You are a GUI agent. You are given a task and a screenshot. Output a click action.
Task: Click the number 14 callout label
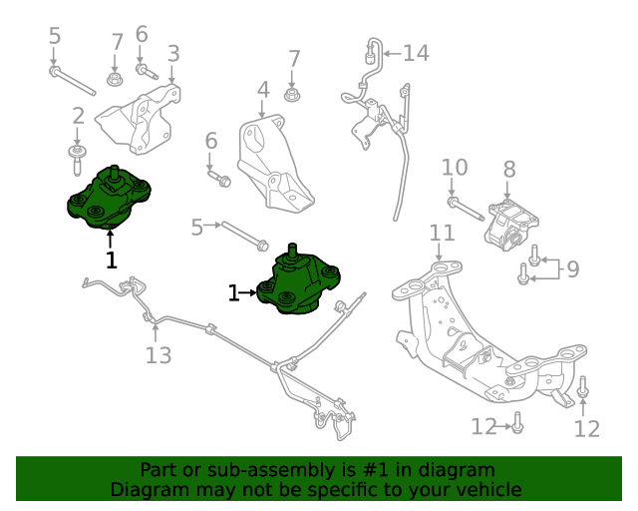click(415, 53)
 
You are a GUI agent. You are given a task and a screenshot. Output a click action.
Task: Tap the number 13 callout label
click(159, 354)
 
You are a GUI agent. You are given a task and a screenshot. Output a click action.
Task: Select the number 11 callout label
click(442, 233)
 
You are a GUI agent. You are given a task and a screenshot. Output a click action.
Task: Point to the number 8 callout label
click(508, 170)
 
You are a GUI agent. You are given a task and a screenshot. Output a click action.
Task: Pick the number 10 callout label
click(454, 167)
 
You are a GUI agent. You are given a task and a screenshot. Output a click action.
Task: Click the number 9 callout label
click(571, 267)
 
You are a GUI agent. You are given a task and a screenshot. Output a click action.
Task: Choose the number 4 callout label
click(263, 91)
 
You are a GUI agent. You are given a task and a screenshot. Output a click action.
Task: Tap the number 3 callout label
click(173, 53)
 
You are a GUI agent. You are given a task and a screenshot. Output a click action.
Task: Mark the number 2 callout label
click(78, 117)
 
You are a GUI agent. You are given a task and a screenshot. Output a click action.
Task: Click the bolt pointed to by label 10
click(468, 210)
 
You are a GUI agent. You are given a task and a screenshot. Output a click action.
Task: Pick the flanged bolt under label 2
click(78, 153)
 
